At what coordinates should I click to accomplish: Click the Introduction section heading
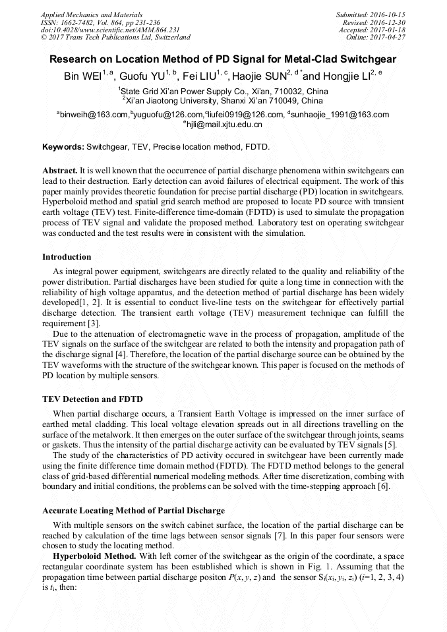pos(67,256)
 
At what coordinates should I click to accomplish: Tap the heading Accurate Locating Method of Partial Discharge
pos(133,511)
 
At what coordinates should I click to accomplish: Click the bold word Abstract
pos(60,170)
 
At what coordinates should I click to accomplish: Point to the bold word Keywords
pos(63,146)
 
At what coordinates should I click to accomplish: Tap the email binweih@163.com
pos(94,115)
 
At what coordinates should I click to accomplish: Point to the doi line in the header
pos(110,30)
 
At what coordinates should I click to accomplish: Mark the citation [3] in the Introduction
pos(95,324)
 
